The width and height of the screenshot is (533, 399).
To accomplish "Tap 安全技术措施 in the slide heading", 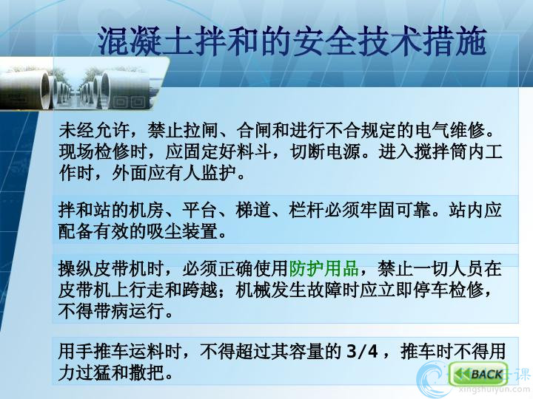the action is coord(390,41).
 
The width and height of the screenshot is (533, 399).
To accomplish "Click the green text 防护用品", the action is coord(324,268).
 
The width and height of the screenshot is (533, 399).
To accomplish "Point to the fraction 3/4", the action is coord(362,351).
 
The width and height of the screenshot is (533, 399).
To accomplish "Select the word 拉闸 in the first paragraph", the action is coord(201,130).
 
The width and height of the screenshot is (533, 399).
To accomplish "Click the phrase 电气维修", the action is coord(449,130).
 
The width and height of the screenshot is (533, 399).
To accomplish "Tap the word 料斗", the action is coord(254,151).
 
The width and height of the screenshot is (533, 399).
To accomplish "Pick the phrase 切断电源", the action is coord(326,151).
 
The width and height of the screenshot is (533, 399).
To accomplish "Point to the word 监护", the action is coord(219,174).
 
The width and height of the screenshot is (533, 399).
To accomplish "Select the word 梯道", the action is coord(254,210).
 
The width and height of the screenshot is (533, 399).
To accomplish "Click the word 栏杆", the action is coord(306,210).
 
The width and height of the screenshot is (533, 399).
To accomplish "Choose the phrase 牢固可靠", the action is coord(395,210).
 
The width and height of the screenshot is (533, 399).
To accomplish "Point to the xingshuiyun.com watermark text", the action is coord(494,390).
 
